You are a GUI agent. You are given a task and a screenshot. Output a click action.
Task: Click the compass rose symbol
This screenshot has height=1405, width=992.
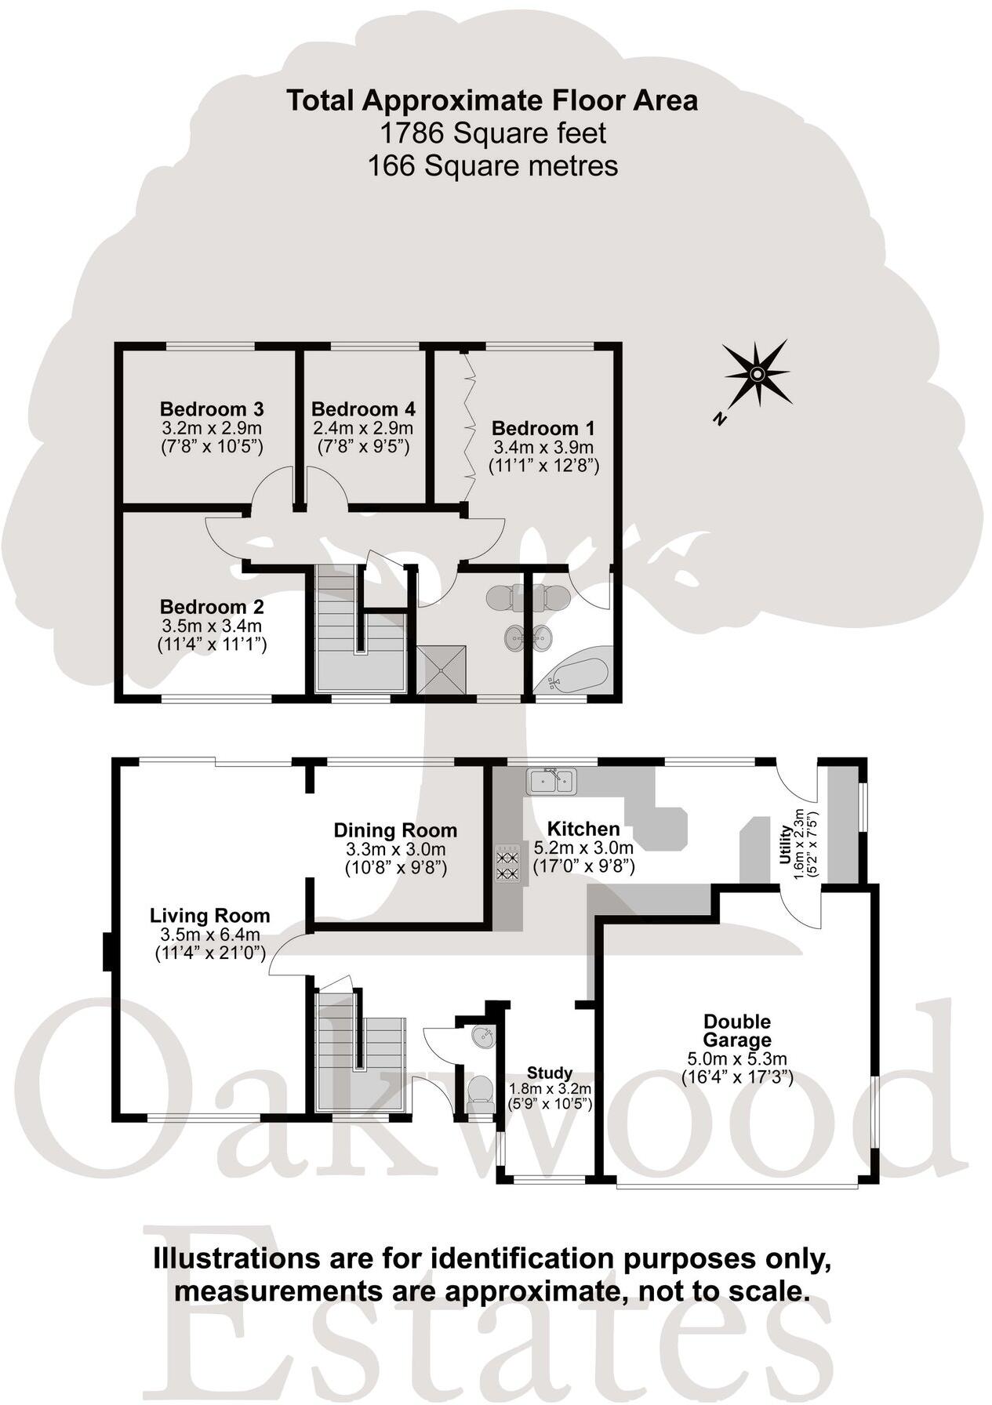click(x=756, y=374)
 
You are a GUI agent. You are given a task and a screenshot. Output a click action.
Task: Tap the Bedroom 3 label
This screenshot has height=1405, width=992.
click(x=211, y=408)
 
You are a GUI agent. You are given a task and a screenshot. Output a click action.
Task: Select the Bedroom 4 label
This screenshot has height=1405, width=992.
click(x=363, y=408)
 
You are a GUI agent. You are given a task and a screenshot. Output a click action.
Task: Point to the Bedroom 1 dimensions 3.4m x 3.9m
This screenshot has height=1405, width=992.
click(x=543, y=448)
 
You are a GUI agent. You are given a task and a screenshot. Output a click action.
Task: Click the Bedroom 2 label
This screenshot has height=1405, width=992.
click(x=211, y=606)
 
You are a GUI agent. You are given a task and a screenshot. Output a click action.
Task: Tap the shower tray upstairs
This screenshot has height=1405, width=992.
click(x=441, y=670)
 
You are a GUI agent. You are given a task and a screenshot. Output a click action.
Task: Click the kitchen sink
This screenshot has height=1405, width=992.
click(x=551, y=781)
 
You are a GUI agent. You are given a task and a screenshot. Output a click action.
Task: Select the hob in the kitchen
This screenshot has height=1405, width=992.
click(x=507, y=862)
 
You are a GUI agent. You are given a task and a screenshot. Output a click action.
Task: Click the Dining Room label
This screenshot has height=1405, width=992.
click(x=395, y=830)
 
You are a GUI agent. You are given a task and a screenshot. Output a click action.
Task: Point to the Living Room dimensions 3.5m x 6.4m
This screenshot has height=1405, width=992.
click(x=210, y=934)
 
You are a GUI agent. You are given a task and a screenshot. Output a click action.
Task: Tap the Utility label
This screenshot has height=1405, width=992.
click(x=785, y=846)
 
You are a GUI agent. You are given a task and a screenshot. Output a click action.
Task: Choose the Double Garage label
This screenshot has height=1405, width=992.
click(x=736, y=1030)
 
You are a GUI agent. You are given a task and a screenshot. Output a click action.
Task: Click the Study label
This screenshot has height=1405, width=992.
click(x=549, y=1073)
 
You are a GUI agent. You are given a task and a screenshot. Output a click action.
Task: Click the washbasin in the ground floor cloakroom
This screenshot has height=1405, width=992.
click(x=482, y=1037)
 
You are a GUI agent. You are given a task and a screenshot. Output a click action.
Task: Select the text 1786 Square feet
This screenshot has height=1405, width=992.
click(x=492, y=133)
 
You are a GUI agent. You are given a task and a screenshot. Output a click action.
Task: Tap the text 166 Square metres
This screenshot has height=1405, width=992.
click(x=492, y=165)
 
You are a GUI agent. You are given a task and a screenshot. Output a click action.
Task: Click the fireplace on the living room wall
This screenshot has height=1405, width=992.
click(x=108, y=952)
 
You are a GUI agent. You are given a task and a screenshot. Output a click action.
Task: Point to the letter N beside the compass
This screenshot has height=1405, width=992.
click(x=718, y=419)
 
